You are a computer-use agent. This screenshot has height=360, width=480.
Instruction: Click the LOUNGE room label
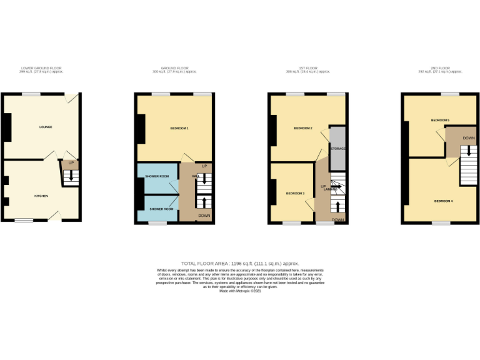46,127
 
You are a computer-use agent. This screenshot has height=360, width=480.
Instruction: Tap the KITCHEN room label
41,196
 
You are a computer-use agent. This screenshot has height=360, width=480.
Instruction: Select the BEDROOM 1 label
179,128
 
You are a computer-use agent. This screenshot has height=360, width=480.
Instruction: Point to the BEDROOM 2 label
303,128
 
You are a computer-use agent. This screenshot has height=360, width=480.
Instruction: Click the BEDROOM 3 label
296,194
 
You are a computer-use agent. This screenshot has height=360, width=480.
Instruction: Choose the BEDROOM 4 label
443,201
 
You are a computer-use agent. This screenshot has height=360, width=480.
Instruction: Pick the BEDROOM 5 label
440,119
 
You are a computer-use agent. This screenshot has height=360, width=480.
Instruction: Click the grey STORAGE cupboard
338,149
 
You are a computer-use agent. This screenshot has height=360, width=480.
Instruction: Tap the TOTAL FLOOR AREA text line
240,264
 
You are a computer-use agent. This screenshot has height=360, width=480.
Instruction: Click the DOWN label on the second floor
469,137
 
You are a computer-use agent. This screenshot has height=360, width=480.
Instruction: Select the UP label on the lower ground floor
71,162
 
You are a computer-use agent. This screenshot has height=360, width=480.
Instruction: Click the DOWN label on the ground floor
204,216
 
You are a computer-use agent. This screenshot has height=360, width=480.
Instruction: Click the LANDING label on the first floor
330,189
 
